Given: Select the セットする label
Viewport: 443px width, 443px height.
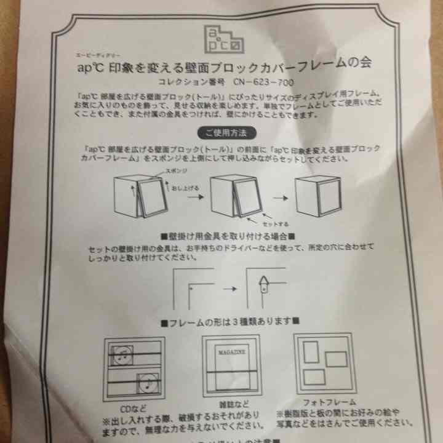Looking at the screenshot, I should click(x=274, y=223).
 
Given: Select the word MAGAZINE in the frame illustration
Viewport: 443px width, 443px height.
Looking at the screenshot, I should click(x=231, y=353).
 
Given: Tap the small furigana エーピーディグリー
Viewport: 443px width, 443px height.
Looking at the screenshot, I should click(x=93, y=54).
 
